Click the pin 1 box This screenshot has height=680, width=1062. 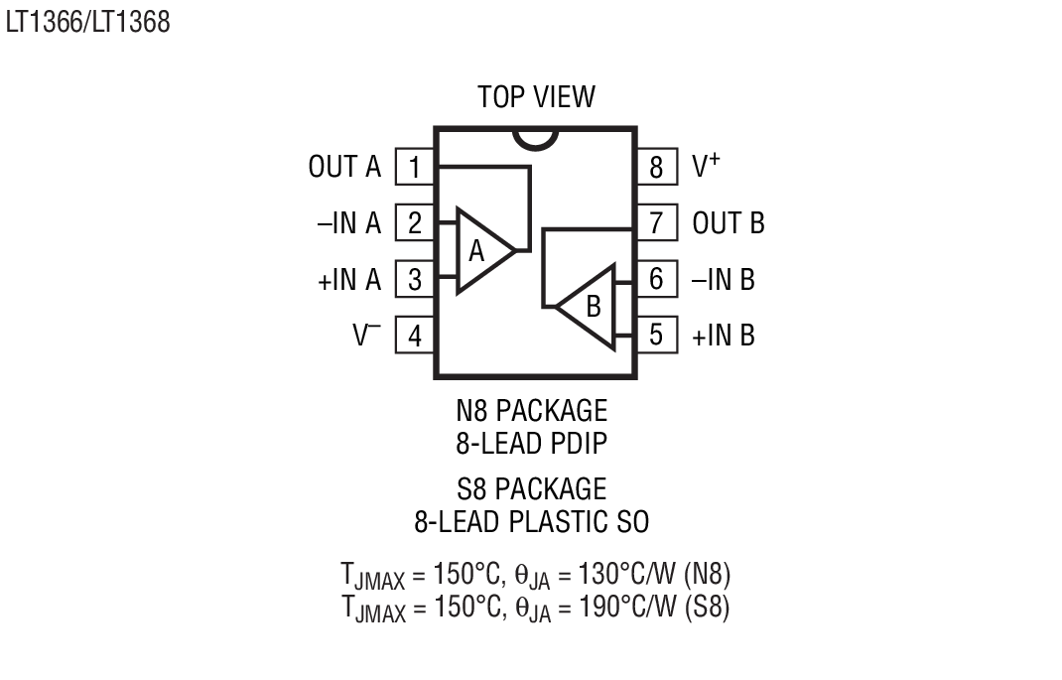[x=415, y=167]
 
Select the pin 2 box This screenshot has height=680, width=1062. [x=415, y=223]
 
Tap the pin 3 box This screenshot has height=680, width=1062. [x=415, y=280]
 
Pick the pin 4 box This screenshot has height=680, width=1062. [x=415, y=337]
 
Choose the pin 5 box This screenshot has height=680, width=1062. [x=655, y=335]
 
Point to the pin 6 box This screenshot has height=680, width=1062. [x=655, y=279]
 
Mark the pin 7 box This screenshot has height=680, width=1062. [x=655, y=222]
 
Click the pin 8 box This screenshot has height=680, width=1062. [x=655, y=167]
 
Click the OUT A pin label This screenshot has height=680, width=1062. [x=344, y=167]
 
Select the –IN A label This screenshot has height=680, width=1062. [x=348, y=223]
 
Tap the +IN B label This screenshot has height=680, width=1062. [x=723, y=336]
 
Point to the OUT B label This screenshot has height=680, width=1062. [x=729, y=223]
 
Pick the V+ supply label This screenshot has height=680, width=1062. [x=706, y=166]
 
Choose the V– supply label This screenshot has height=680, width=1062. [x=366, y=336]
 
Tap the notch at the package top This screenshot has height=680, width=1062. [x=534, y=138]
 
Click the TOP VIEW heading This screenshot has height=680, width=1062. [x=536, y=97]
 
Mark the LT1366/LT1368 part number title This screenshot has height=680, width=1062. [x=87, y=22]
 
